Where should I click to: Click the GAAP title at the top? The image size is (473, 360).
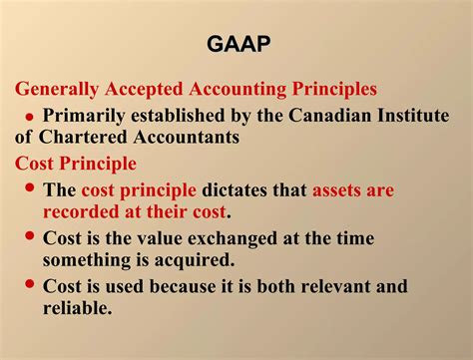point(236,45)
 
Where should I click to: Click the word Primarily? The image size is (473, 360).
point(88,115)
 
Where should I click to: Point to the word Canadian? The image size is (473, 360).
point(328,115)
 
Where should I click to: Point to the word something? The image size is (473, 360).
point(90,261)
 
